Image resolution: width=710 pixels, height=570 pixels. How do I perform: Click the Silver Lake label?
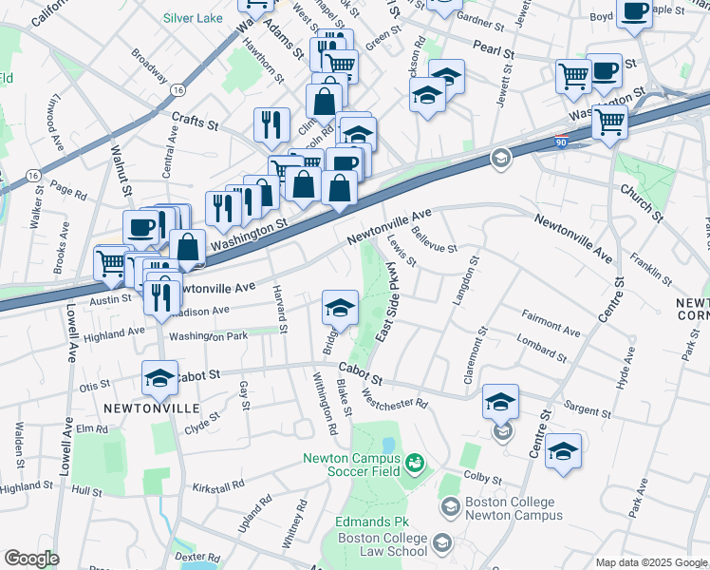point(193,18)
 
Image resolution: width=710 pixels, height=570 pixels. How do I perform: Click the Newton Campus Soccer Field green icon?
point(415,463)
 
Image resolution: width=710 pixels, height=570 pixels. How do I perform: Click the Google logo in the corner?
point(31,559)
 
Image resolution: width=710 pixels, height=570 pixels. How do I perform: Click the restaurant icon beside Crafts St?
point(271,123)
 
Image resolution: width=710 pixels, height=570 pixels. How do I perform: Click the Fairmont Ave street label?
point(551,321)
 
